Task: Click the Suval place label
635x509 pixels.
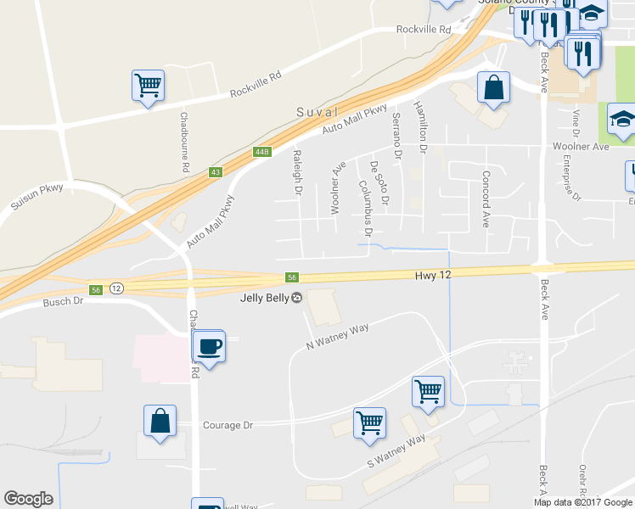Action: coord(317,112)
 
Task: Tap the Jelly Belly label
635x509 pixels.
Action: coord(263,298)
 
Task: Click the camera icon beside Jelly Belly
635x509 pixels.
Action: coord(296,298)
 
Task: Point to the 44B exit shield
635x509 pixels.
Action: coord(261,152)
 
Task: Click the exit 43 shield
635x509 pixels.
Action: coord(216,172)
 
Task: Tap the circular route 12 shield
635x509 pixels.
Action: coord(116,289)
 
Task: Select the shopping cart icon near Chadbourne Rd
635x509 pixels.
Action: coord(148,85)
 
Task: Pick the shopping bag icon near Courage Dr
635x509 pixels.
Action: coord(160,421)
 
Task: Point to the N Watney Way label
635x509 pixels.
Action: coord(337,336)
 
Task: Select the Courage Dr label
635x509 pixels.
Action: coord(228,425)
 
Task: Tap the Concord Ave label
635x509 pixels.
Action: coord(486,199)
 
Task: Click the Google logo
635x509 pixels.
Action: coord(28,499)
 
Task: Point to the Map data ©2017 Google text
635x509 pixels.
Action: coord(583,502)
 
